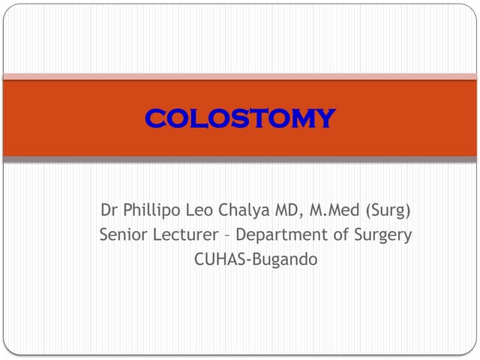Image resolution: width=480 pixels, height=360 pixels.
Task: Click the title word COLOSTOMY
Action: (240, 118)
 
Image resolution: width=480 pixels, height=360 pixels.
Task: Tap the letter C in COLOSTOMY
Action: (154, 118)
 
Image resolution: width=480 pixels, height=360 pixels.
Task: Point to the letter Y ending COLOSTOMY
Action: (325, 118)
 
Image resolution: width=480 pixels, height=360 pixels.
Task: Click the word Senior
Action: (121, 235)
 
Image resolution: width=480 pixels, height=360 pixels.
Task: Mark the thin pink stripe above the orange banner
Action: (240, 76)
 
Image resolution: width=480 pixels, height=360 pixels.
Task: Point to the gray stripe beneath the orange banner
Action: (240, 159)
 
